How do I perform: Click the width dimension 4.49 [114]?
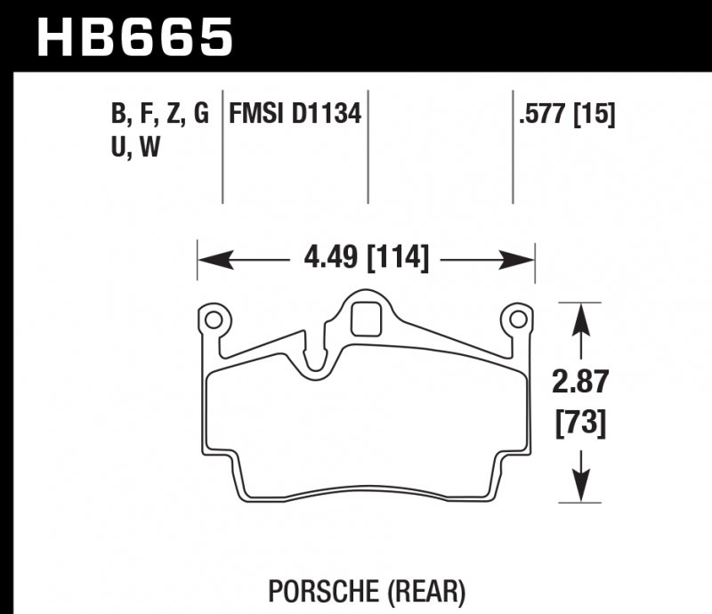(x=366, y=259)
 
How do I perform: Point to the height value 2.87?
(x=580, y=383)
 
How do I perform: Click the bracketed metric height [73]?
(x=580, y=424)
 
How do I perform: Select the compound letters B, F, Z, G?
(x=160, y=115)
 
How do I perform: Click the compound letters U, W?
(x=135, y=149)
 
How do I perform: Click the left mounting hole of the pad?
(x=212, y=319)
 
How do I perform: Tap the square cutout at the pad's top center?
(x=366, y=319)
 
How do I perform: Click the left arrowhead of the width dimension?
(x=208, y=260)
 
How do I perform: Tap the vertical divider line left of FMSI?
(x=222, y=147)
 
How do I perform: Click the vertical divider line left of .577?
(x=513, y=147)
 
